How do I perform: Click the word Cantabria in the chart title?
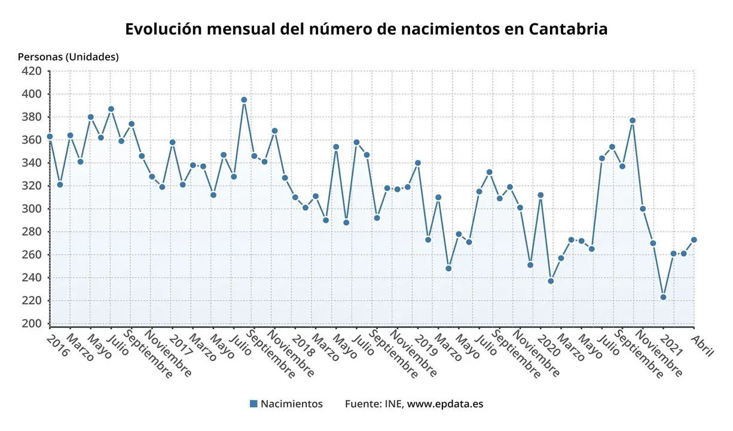click(x=568, y=29)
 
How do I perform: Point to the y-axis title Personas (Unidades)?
click(x=68, y=57)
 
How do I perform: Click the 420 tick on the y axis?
click(x=32, y=71)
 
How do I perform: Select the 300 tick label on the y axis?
click(x=32, y=209)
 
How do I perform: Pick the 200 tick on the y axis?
click(x=32, y=324)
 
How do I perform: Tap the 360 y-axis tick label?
click(x=32, y=140)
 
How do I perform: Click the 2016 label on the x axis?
click(x=58, y=345)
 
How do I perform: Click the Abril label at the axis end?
click(x=702, y=346)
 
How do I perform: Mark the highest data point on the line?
click(x=244, y=100)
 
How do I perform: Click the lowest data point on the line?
click(x=663, y=297)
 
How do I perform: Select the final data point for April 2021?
click(x=694, y=239)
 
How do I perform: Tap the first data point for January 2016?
click(x=50, y=136)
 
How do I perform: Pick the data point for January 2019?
click(x=417, y=163)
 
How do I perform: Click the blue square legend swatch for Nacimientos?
click(x=254, y=404)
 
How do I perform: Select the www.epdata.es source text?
click(x=445, y=404)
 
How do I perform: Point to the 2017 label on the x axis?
click(x=181, y=345)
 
